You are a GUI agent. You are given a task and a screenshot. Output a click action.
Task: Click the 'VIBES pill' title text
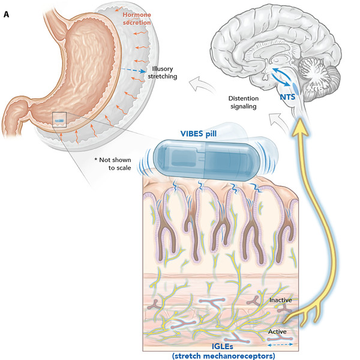click(202, 134)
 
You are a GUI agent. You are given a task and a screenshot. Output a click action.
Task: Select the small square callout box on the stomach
click(59, 119)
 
